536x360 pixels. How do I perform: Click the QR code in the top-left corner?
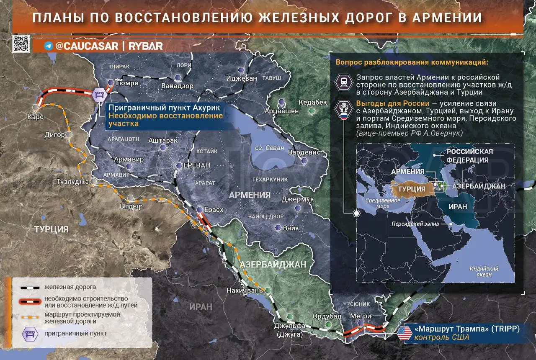(21, 44)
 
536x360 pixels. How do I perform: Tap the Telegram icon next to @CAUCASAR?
(49, 46)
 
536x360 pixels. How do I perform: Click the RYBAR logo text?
(146, 46)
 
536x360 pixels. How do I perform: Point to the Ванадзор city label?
(177, 86)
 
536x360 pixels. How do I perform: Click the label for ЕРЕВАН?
(196, 165)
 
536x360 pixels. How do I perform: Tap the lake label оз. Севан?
(270, 148)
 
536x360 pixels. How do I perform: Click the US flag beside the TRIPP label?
(404, 333)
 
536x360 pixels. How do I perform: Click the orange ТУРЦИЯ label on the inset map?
(412, 189)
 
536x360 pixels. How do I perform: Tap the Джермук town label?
(298, 199)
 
